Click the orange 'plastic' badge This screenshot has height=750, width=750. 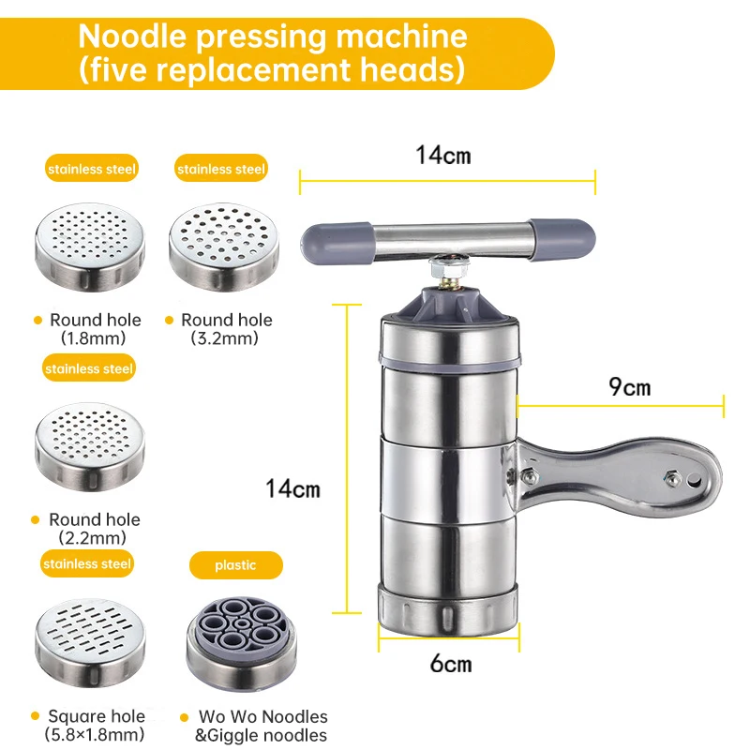(x=235, y=565)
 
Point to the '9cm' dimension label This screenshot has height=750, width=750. (x=629, y=386)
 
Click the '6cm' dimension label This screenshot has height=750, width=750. (x=450, y=664)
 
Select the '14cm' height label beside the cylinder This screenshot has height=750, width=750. (x=292, y=488)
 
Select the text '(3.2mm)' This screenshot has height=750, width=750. (x=226, y=338)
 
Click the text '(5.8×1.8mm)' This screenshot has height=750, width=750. (x=95, y=734)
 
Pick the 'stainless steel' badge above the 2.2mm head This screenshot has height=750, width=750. (x=89, y=368)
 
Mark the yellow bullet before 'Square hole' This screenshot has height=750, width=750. (x=35, y=716)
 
